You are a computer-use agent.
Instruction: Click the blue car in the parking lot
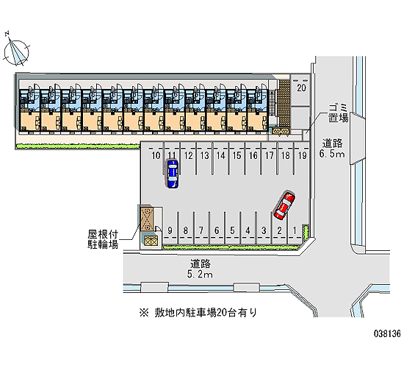pos(173,174)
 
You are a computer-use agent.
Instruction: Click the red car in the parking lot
pos(284,205)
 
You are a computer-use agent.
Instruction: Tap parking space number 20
pos(301,88)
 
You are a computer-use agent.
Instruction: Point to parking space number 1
pos(295,230)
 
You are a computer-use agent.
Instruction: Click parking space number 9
pos(170,230)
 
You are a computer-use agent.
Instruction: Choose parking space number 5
pos(232,230)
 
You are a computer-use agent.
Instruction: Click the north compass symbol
pos(16,51)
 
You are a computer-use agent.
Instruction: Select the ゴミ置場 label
pos(338,113)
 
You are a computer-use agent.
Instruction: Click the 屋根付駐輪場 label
pos(103,239)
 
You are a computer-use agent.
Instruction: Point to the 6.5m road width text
pos(332,154)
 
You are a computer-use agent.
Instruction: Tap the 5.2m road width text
pos(200,275)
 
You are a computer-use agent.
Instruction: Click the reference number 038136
pos(387,333)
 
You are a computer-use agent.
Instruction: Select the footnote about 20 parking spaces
pos(198,313)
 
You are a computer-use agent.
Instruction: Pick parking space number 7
pos(201,230)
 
